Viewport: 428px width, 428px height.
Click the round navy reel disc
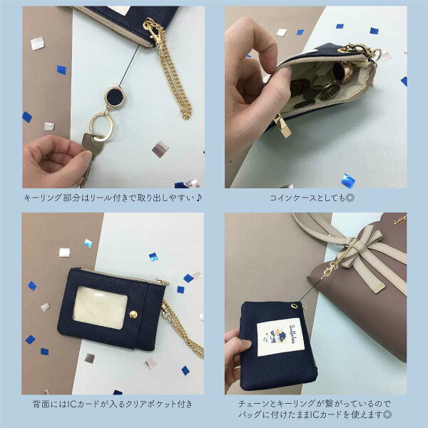pyautogui.click(x=115, y=97)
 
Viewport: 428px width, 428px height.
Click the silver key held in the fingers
pyautogui.click(x=90, y=153)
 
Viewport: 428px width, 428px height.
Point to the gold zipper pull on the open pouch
pyautogui.click(x=282, y=126)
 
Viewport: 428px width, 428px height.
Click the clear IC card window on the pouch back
pyautogui.click(x=100, y=307)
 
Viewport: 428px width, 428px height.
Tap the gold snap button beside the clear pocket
pyautogui.click(x=133, y=315)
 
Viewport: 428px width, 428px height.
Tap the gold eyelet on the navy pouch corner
pyautogui.click(x=294, y=306)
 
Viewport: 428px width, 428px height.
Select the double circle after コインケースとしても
pyautogui.click(x=350, y=198)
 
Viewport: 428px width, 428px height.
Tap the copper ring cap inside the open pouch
pyautogui.click(x=342, y=72)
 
